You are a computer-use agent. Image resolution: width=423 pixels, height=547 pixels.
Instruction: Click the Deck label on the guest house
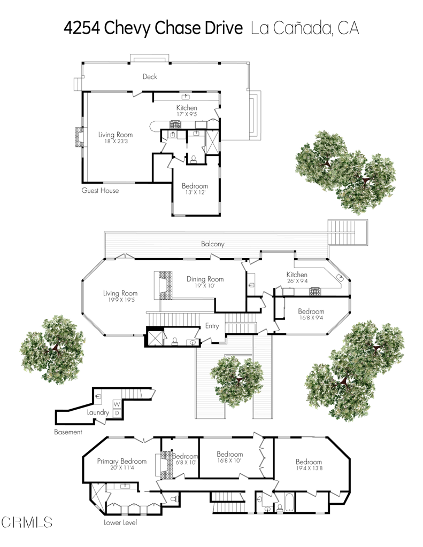150,76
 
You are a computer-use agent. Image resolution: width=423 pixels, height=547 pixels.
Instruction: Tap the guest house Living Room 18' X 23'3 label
115,138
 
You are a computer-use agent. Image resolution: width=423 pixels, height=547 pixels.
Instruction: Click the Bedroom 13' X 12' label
195,189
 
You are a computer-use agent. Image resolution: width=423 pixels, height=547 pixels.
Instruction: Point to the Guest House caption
100,190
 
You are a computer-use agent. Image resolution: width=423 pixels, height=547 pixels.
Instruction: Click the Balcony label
212,244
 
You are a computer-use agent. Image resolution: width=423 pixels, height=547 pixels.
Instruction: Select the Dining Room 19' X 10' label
205,282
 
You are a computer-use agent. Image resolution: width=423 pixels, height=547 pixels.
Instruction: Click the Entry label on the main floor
212,326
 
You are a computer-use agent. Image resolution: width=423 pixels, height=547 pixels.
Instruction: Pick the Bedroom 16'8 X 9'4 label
311,315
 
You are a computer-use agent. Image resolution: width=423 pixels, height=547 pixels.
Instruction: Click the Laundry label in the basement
98,412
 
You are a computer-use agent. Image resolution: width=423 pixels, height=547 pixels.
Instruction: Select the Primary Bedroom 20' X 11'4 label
121,464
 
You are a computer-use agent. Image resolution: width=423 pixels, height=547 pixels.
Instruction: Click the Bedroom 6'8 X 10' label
185,459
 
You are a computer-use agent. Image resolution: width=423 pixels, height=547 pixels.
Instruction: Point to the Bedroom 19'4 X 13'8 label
309,465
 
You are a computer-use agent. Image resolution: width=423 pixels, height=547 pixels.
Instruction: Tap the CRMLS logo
27,522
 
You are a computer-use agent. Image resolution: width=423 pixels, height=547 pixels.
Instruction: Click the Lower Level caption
120,522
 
